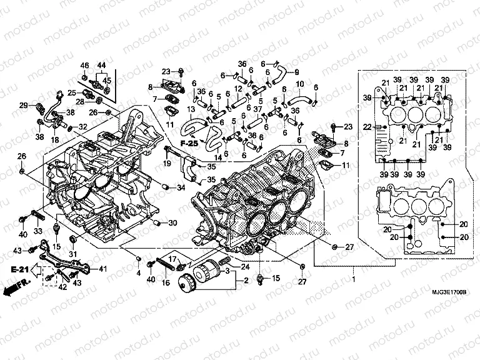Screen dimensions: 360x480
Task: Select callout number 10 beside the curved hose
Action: point(300,84)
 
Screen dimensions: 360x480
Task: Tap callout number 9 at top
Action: point(296,71)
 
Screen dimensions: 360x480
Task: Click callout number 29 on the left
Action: point(23,105)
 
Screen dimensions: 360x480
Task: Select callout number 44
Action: point(101,66)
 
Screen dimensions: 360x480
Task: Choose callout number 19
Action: point(168,164)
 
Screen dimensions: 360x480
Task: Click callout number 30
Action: point(173,222)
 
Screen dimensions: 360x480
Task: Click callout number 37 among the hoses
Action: point(257,109)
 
